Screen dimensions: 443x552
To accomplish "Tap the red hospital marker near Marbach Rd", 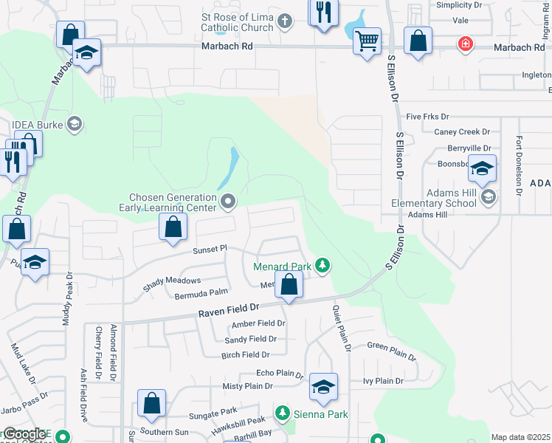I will (x=465, y=44).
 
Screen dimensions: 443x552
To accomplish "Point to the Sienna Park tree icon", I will (x=281, y=412).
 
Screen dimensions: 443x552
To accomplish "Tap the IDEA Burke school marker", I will (x=73, y=123).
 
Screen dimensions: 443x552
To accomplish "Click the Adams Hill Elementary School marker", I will (x=488, y=196).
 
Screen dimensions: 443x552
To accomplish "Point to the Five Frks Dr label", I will (x=427, y=117).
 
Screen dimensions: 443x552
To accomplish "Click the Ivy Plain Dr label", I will (x=383, y=381).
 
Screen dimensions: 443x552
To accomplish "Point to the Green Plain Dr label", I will (x=392, y=350).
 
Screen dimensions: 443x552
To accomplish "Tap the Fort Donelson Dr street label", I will (x=519, y=165).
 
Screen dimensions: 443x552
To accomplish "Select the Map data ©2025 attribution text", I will (x=520, y=438).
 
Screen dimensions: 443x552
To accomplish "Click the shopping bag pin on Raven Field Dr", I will (x=289, y=284).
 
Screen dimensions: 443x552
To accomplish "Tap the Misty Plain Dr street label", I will (x=248, y=385).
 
